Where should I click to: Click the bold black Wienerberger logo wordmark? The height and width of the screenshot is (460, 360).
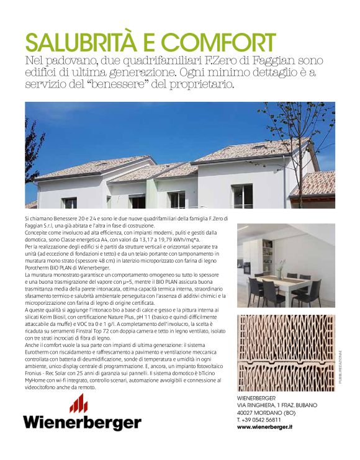point(82,423)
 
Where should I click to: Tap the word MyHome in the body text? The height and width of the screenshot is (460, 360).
point(37,380)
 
